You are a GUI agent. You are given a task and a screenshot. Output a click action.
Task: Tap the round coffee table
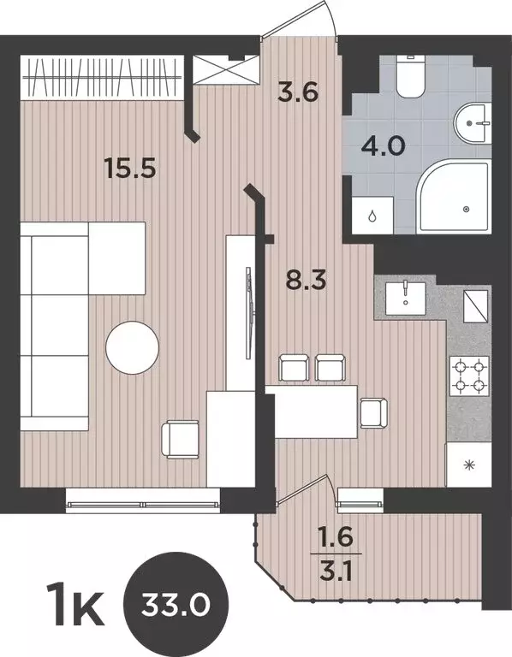132,346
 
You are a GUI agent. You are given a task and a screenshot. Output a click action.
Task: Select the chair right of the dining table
372,412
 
